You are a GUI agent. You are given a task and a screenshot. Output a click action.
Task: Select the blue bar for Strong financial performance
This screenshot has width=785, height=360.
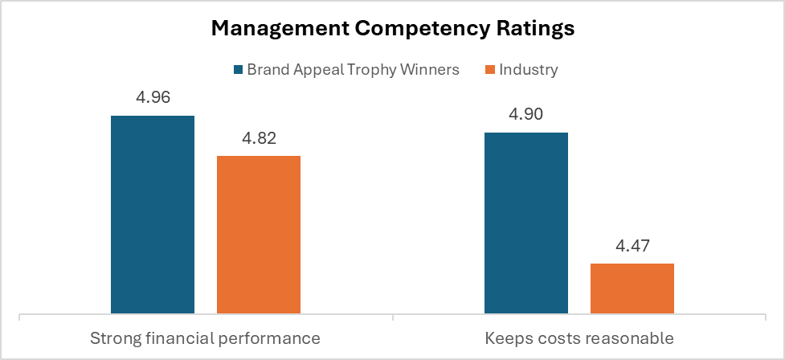pyautogui.click(x=153, y=214)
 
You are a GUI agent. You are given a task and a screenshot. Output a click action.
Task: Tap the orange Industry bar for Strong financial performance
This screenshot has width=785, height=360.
pyautogui.click(x=259, y=234)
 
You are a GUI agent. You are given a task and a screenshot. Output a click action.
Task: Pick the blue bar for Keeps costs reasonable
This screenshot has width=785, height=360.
pyautogui.click(x=526, y=223)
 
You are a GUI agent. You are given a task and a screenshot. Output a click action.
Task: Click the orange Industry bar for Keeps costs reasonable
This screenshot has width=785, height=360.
pyautogui.click(x=632, y=288)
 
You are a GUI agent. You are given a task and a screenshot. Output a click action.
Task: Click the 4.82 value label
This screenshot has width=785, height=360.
pyautogui.click(x=259, y=138)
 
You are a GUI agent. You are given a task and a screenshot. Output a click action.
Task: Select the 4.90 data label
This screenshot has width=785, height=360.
pyautogui.click(x=526, y=114)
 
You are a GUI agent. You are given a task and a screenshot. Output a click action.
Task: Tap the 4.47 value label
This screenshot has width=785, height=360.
pyautogui.click(x=632, y=246)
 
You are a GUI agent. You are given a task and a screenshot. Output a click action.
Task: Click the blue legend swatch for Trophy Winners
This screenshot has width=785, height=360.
pyautogui.click(x=237, y=70)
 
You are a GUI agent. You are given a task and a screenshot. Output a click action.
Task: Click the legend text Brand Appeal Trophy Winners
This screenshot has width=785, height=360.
pyautogui.click(x=353, y=70)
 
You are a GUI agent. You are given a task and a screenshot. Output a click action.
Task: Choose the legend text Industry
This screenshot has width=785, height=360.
pyautogui.click(x=528, y=70)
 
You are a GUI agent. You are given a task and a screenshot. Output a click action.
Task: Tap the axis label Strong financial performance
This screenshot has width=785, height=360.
pyautogui.click(x=205, y=337)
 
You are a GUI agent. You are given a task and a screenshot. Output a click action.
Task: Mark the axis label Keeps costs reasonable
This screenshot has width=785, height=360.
pyautogui.click(x=579, y=337)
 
